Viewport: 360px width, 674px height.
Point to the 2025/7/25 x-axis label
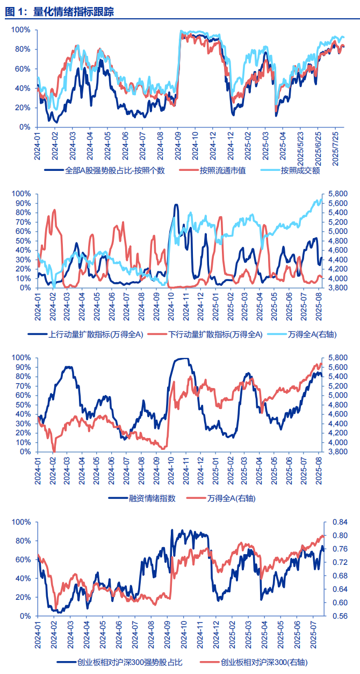[336, 146]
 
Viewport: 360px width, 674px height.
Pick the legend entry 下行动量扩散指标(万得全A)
[215, 334]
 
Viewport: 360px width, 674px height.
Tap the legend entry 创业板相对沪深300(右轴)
[264, 662]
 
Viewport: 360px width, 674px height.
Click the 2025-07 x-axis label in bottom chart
[315, 635]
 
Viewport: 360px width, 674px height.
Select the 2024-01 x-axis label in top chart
[38, 146]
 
